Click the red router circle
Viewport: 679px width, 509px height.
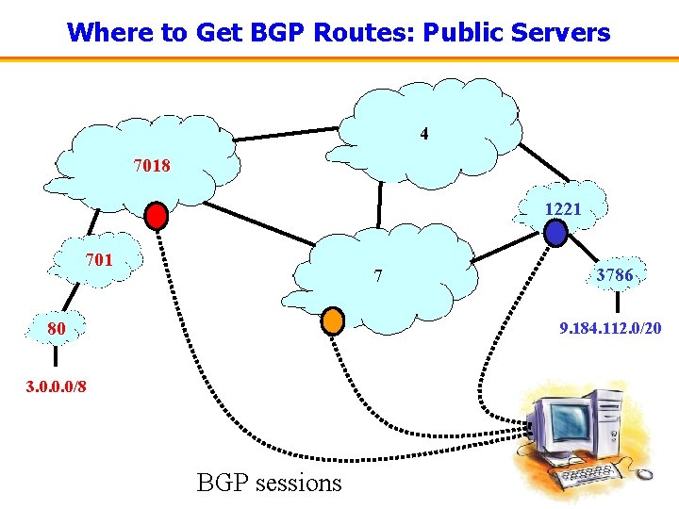(x=157, y=216)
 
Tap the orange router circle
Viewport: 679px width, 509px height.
(x=333, y=320)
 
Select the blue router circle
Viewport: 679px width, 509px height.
(x=556, y=232)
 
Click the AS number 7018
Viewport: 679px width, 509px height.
(x=152, y=166)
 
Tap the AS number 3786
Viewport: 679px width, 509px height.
(x=614, y=275)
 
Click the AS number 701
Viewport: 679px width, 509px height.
(x=99, y=259)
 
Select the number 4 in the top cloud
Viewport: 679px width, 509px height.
(x=424, y=134)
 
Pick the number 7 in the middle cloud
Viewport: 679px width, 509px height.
(x=378, y=276)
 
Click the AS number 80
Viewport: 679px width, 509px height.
(x=57, y=329)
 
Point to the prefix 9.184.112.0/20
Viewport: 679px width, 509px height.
(x=610, y=330)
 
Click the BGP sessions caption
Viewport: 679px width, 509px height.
(x=269, y=483)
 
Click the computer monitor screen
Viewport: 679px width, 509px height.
(x=568, y=421)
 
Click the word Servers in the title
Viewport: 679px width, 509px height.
(x=563, y=33)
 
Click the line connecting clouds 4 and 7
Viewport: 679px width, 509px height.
(x=379, y=203)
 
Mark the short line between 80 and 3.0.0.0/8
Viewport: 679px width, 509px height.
(x=56, y=356)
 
